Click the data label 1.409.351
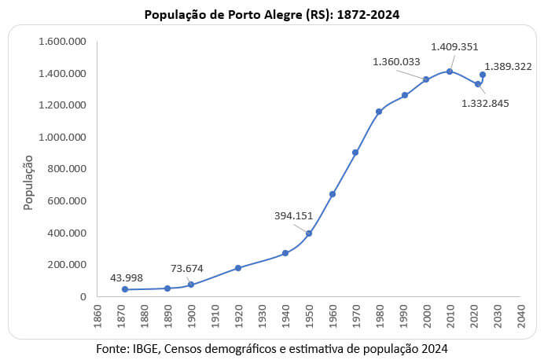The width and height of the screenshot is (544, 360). pyautogui.click(x=454, y=47)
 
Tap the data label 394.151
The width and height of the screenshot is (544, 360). pyautogui.click(x=294, y=215)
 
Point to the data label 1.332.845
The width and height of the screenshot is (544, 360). pyautogui.click(x=485, y=102)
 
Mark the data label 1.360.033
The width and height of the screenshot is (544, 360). pyautogui.click(x=396, y=61)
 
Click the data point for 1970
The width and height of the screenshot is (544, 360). pyautogui.click(x=355, y=152)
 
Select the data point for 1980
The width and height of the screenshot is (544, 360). pyautogui.click(x=379, y=112)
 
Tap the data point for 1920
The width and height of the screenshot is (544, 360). pyautogui.click(x=238, y=268)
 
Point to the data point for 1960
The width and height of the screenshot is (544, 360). pyautogui.click(x=333, y=194)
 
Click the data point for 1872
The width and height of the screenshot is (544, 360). pyautogui.click(x=125, y=289)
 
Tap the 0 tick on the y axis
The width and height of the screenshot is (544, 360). pyautogui.click(x=82, y=296)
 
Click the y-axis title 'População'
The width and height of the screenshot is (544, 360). pyautogui.click(x=28, y=182)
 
